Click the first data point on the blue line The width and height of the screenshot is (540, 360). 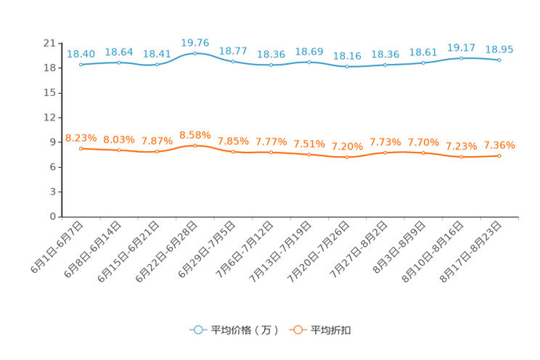tap(81, 65)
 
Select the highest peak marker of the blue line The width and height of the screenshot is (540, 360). tap(195, 53)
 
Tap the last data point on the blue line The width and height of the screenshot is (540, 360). tap(499, 60)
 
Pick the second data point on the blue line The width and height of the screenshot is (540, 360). tap(119, 62)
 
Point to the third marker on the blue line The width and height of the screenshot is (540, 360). tap(157, 65)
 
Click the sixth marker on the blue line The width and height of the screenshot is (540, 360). tap(271, 65)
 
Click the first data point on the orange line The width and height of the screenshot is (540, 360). tap(81, 148)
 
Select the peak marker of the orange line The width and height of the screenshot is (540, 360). tap(195, 145)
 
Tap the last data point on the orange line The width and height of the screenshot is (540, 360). tap(499, 155)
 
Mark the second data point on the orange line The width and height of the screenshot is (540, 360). tap(119, 150)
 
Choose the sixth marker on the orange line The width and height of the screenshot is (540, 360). tap(271, 152)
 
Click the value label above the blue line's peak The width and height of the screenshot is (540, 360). tap(195, 44)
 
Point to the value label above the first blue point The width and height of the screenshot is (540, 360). tap(81, 54)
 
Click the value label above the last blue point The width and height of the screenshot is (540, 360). tap(499, 49)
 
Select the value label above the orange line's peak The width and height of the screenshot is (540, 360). tap(195, 135)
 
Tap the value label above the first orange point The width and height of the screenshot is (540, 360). tap(81, 138)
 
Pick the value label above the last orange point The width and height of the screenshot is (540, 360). tap(499, 145)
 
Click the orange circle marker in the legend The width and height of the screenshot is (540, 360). tap(297, 330)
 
